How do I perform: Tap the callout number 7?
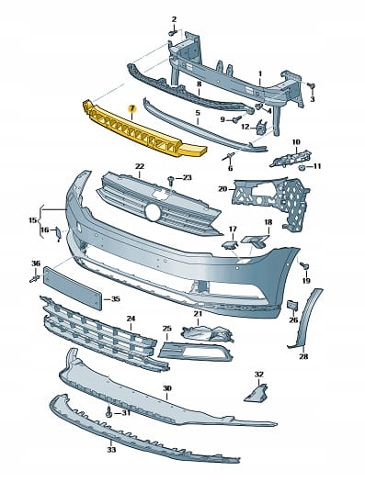click(x=132, y=108)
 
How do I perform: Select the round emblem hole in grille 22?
click(x=154, y=213)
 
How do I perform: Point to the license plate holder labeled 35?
click(x=73, y=288)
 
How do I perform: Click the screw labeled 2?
click(x=172, y=33)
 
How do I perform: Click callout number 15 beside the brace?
click(x=33, y=220)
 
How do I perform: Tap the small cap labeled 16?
click(x=58, y=233)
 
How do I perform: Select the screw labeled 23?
click(x=171, y=181)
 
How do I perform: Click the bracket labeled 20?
click(x=271, y=200)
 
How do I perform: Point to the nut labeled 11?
click(x=302, y=167)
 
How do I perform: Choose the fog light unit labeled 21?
click(x=208, y=334)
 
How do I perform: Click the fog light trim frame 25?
click(x=195, y=352)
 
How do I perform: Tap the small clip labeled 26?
click(x=292, y=306)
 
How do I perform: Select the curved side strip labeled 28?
click(x=304, y=318)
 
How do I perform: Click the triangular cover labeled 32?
click(x=257, y=393)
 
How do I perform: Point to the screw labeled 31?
click(x=109, y=412)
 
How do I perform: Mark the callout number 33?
click(x=111, y=450)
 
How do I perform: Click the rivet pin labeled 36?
click(x=34, y=278)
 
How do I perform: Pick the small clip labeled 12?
click(x=261, y=127)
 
